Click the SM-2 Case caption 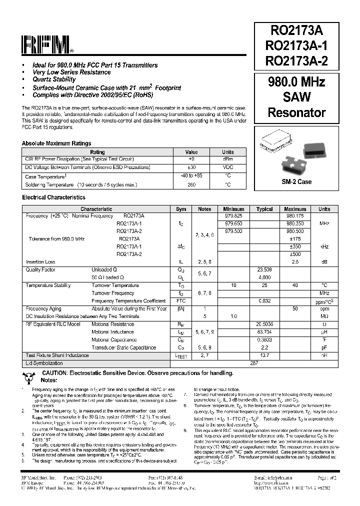[296, 181]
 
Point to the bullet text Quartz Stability [54, 79]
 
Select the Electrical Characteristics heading [53, 198]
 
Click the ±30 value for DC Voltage [191, 167]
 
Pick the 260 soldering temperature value [191, 184]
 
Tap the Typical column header [264, 209]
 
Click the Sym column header [181, 209]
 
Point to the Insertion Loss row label [40, 262]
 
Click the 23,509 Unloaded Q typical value [264, 269]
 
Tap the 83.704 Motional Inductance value [264, 331]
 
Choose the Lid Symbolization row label [44, 363]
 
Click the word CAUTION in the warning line [57, 373]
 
